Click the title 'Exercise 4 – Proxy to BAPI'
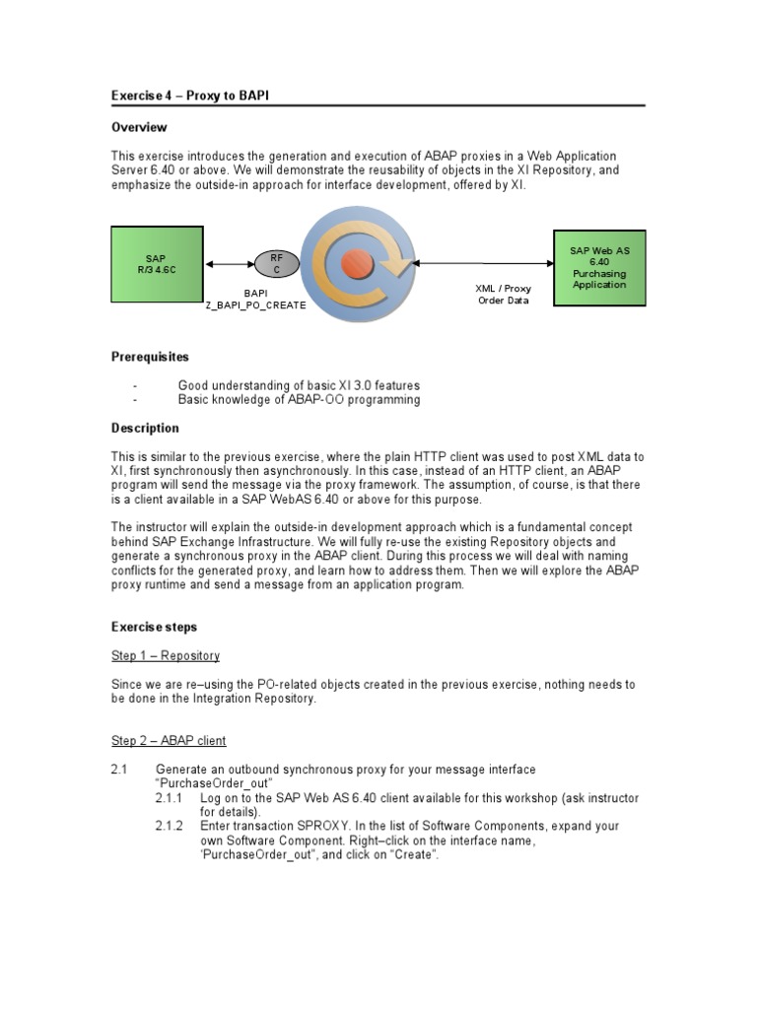pos(190,95)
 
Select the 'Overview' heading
pos(139,127)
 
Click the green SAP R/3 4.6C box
pos(157,264)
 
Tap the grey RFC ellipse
pos(276,263)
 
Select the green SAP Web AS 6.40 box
pos(599,267)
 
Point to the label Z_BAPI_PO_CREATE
pos(255,305)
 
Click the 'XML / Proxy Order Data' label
pos(504,295)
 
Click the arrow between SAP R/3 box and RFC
pos(229,264)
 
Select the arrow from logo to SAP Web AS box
pos(482,263)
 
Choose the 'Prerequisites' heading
pos(150,357)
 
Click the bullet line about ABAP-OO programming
pos(299,400)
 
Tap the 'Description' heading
pos(145,429)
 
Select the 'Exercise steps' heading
pos(154,627)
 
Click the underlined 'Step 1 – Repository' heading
pos(165,655)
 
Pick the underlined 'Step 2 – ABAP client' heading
pos(169,740)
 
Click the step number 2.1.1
pos(170,798)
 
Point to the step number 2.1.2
pos(170,826)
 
